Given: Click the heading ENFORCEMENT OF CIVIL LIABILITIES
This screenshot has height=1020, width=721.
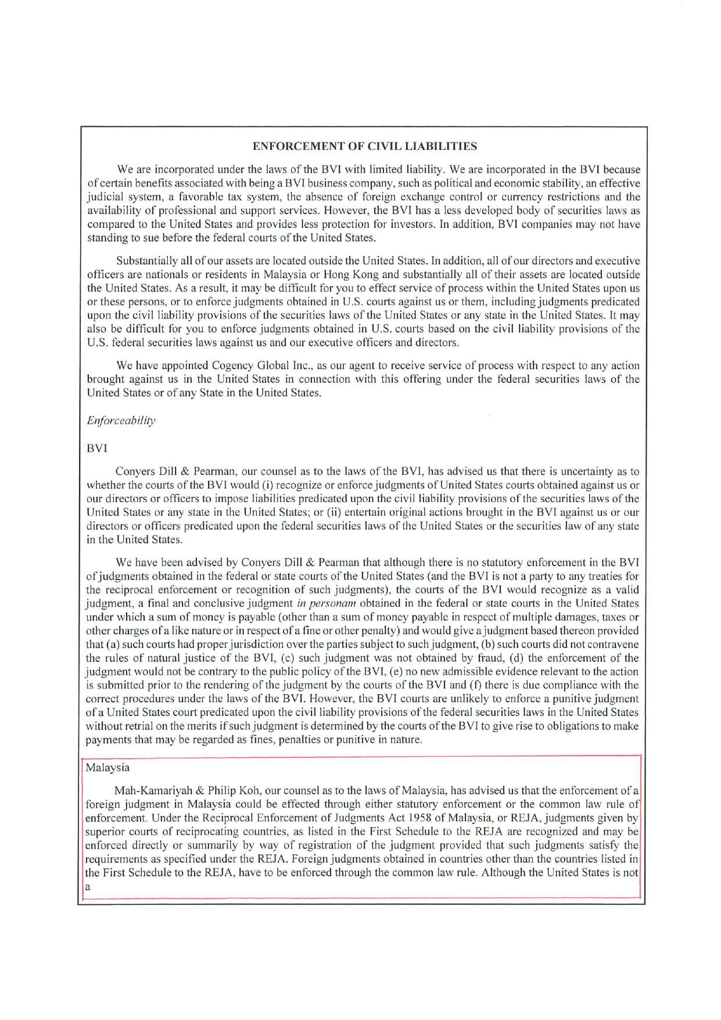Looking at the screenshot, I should [x=365, y=146].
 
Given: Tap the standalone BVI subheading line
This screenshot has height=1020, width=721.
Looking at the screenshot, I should [x=97, y=448].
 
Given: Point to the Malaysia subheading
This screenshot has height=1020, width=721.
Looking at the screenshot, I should [x=107, y=767].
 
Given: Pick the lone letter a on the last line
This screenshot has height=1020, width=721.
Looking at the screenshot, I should [x=88, y=887].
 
